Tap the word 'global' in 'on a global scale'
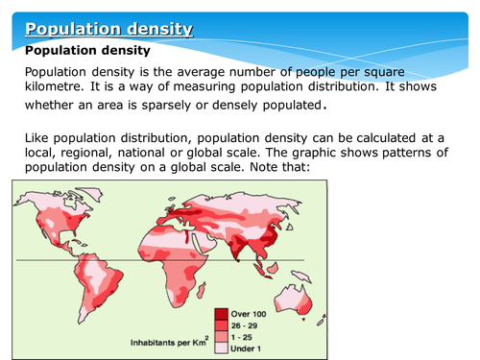(179, 172)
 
